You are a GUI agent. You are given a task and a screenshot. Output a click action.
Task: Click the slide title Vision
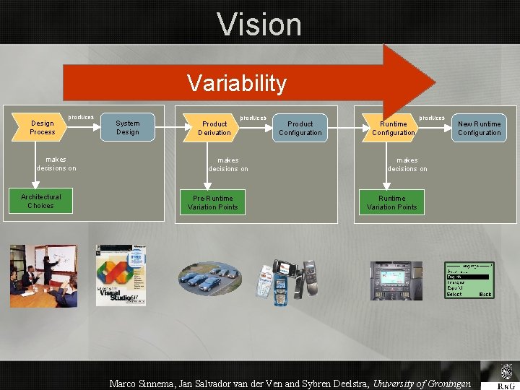coord(259,24)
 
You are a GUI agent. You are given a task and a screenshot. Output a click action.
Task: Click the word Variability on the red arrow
coord(237,83)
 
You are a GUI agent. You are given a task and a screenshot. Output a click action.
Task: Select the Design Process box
coord(42,128)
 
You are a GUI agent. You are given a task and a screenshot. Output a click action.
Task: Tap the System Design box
coord(128,128)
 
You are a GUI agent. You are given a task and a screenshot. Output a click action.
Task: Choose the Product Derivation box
coord(214,128)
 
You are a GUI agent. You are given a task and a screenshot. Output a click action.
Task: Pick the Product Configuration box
coord(300,128)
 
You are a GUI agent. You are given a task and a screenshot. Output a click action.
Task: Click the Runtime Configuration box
coord(394,128)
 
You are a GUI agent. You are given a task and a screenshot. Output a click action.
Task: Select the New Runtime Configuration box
coord(480,128)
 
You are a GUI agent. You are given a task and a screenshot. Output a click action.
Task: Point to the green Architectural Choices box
coord(41,201)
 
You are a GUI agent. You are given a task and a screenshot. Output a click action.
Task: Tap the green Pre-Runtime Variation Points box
coord(212,203)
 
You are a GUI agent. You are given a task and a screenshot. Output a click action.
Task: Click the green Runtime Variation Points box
coord(391,203)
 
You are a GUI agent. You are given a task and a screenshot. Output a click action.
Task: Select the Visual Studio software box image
coord(121,275)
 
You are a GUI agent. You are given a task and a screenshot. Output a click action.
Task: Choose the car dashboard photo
coord(396,280)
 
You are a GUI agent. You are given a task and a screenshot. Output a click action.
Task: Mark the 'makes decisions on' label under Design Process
coord(56,164)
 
